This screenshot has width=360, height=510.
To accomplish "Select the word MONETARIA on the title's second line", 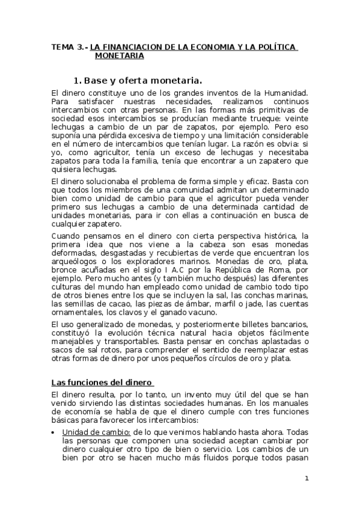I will click(x=119, y=56).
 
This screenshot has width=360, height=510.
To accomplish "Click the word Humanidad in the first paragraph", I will click(x=286, y=92).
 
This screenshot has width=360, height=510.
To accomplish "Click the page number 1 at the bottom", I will click(x=306, y=479).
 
